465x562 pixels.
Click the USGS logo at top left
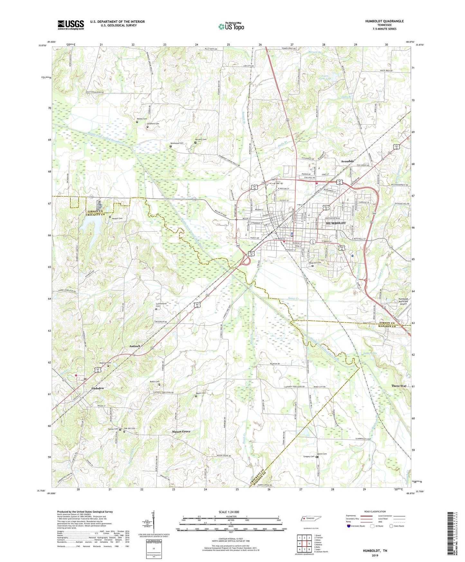[71, 25]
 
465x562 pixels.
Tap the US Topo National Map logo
[231, 26]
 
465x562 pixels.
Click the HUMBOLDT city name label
[336, 223]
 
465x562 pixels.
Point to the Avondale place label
[345, 161]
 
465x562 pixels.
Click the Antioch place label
[135, 346]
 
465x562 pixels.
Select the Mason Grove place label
[181, 431]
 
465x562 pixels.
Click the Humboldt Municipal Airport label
[401, 301]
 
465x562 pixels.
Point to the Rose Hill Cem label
[315, 263]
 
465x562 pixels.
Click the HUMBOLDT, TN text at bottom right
[375, 551]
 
